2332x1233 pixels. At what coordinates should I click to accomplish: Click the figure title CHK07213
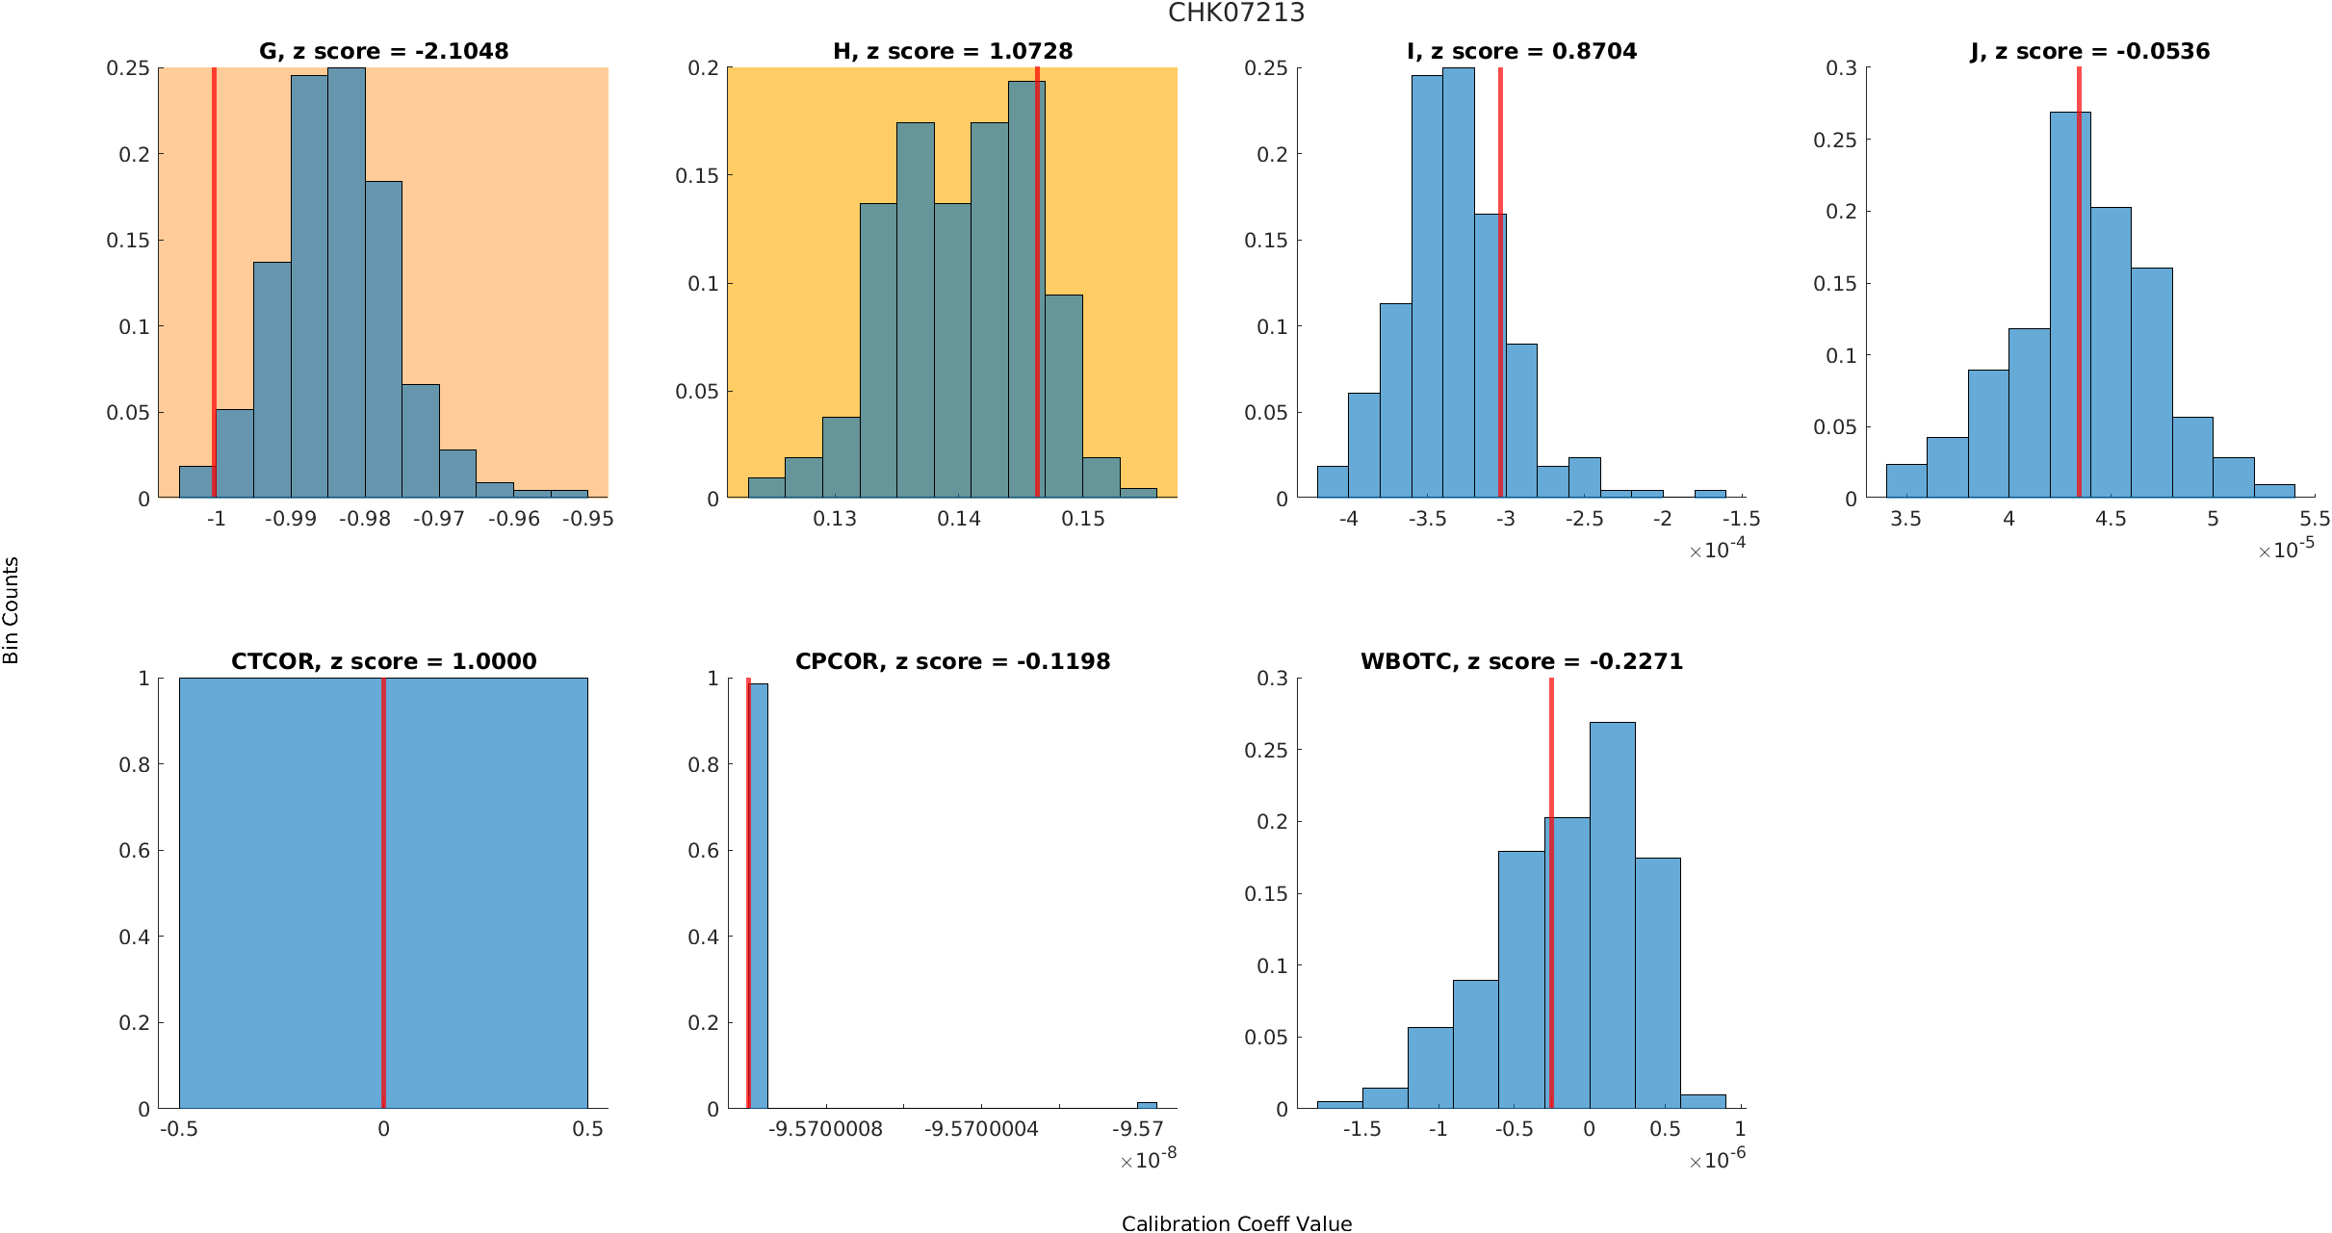pos(1236,13)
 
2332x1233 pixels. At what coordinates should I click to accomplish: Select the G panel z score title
pos(383,51)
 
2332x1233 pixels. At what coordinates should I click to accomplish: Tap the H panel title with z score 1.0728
pos(952,51)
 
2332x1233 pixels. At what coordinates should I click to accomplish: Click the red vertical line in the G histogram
pos(214,289)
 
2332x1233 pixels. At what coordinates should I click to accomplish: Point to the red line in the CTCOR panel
pos(383,895)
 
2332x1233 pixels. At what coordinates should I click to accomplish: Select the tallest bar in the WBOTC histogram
pos(1612,914)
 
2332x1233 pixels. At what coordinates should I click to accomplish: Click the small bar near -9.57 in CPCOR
pos(1147,1105)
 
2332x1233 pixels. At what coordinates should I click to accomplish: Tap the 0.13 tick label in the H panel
pos(834,519)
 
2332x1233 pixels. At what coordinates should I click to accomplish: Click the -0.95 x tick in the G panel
pos(587,519)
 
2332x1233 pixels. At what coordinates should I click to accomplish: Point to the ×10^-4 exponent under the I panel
pos(1717,550)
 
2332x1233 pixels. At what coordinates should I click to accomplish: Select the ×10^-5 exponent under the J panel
pos(2286,550)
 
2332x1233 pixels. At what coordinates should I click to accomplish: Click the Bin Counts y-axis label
pos(12,610)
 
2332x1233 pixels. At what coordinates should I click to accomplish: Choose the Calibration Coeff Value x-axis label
pos(1236,1223)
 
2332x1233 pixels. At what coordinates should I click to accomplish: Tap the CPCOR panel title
pos(952,661)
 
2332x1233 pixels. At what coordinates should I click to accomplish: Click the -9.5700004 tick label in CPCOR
pos(981,1129)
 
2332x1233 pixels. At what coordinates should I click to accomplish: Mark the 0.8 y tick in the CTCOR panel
pos(135,764)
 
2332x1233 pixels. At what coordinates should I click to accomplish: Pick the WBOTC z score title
pos(1521,661)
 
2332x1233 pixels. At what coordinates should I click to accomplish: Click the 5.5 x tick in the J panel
pos(2315,519)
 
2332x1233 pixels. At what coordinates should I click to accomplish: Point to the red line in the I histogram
pos(1500,289)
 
